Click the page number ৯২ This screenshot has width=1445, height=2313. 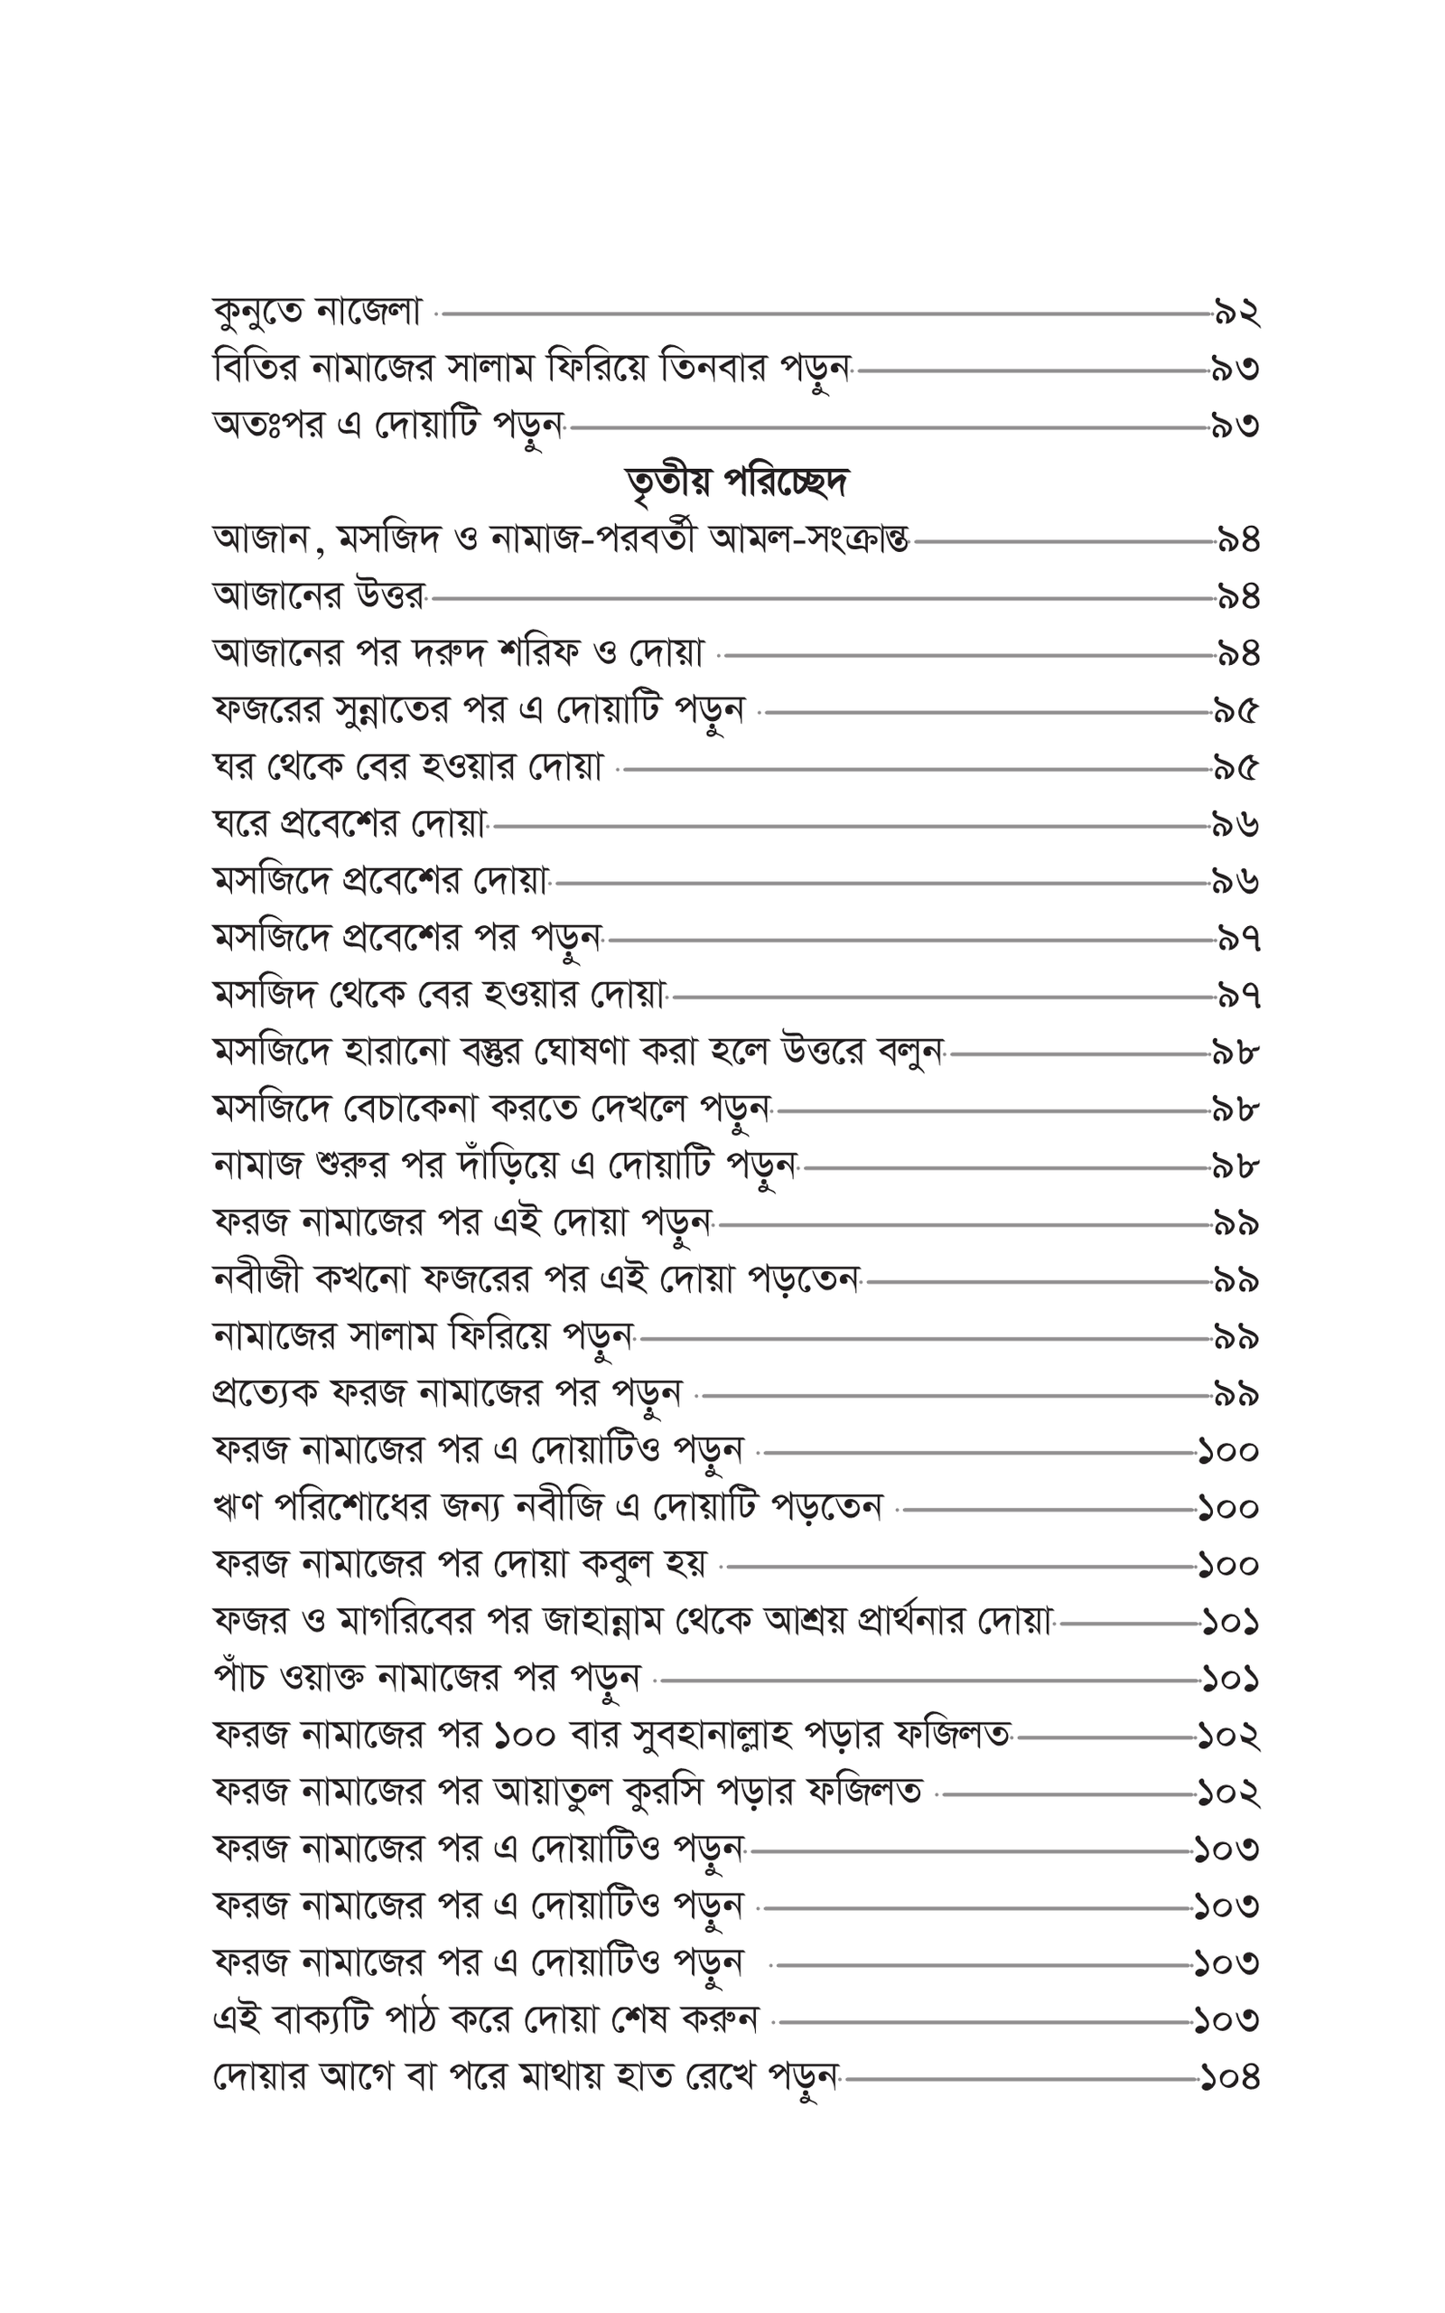(1235, 313)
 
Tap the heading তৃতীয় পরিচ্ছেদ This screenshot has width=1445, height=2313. (736, 482)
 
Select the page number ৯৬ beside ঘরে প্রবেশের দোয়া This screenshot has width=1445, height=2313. (1235, 825)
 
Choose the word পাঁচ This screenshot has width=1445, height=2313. (239, 1680)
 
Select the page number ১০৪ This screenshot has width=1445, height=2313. (1230, 2078)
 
